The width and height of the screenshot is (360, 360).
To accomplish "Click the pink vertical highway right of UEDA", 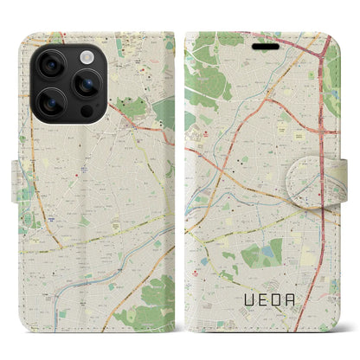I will point(328,251).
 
